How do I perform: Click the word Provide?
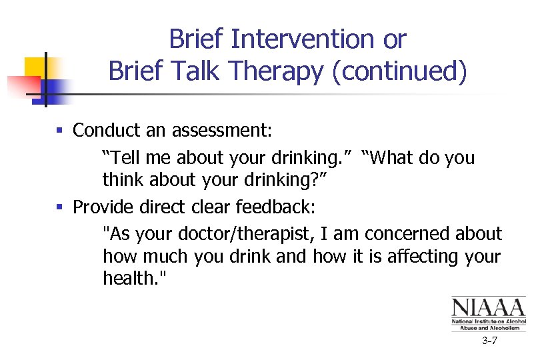coord(103,207)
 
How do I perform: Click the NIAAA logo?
coord(488,313)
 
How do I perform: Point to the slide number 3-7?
coord(489,341)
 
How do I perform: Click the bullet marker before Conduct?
coord(60,131)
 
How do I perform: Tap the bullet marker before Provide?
coord(60,207)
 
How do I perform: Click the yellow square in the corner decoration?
coord(33,67)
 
